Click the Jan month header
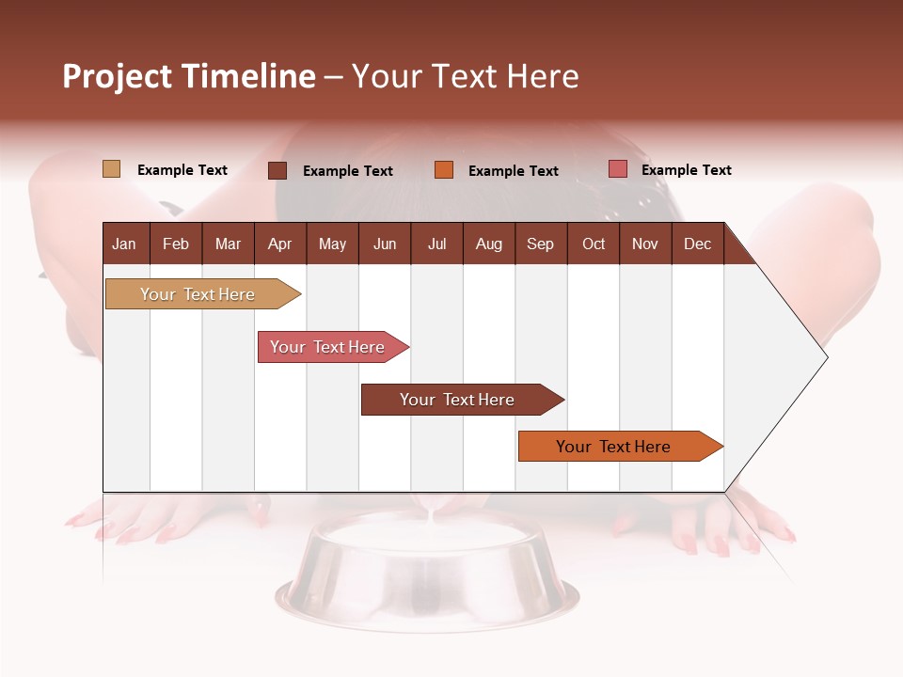click(x=125, y=244)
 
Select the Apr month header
click(x=280, y=244)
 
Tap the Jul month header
click(x=436, y=244)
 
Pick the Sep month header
click(x=541, y=244)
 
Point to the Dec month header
click(x=697, y=244)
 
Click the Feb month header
click(x=176, y=244)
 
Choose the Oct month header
click(x=594, y=244)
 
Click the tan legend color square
click(x=111, y=169)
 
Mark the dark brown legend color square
click(x=277, y=170)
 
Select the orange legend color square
click(x=444, y=170)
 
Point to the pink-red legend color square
click(x=617, y=169)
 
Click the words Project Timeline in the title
click(x=188, y=76)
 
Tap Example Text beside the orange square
click(x=513, y=171)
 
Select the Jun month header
click(x=385, y=244)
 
